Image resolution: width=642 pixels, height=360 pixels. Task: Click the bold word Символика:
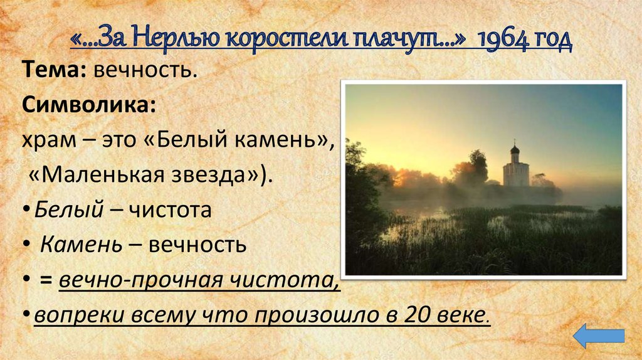90,104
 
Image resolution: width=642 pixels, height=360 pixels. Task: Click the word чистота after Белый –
170,209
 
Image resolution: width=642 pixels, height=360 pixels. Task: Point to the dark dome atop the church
515,149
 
